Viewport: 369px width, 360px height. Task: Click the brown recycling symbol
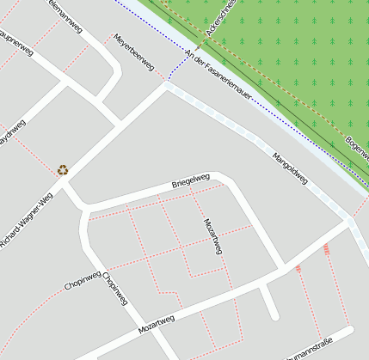point(63,170)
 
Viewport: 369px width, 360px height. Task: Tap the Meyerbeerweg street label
point(133,52)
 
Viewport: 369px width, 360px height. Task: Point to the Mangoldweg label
point(290,168)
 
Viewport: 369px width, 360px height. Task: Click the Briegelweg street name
point(191,181)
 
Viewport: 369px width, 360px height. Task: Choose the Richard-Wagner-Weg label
point(27,219)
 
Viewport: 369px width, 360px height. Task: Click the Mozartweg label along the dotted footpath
point(213,236)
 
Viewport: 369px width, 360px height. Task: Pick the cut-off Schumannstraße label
point(309,351)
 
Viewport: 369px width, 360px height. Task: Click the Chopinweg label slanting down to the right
point(115,290)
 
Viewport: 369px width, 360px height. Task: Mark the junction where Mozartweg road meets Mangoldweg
point(348,223)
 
